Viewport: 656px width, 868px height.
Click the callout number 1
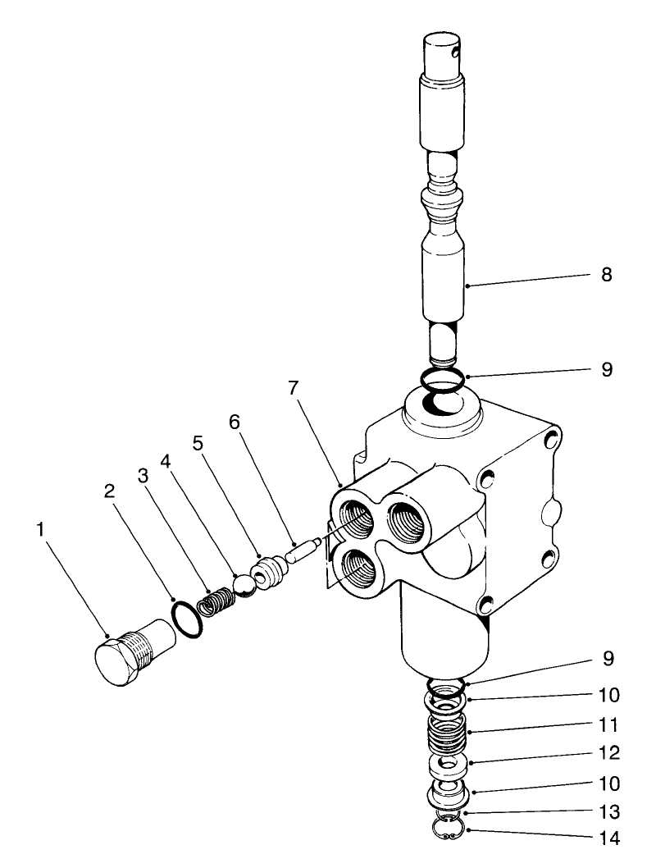tap(40, 530)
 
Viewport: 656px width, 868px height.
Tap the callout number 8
tap(606, 274)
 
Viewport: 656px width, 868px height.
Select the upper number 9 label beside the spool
tap(606, 369)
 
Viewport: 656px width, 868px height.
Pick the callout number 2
tap(108, 491)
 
